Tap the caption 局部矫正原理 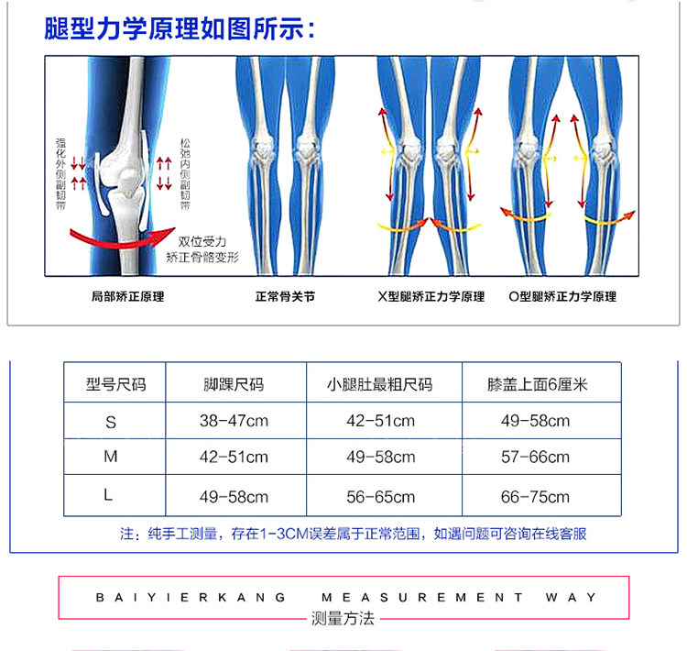[128, 296]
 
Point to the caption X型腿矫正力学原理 [431, 296]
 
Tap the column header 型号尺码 [115, 384]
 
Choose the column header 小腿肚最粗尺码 [379, 384]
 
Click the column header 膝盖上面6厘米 [537, 384]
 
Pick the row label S [112, 422]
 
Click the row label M [111, 457]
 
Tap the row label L [109, 496]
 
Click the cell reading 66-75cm [535, 497]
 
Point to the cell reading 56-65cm [380, 497]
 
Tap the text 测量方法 [343, 619]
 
